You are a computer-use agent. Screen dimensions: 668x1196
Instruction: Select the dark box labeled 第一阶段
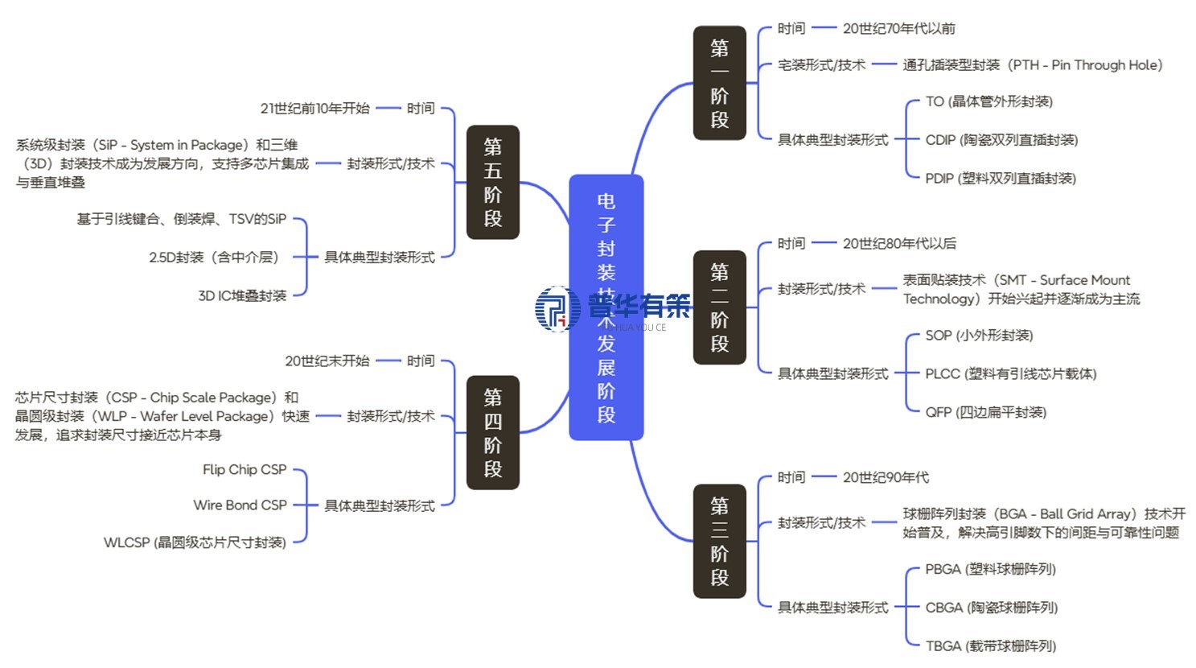coord(719,83)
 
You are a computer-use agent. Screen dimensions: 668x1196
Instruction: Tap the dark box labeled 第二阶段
coord(719,307)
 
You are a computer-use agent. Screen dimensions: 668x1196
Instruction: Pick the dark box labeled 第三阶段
coord(719,541)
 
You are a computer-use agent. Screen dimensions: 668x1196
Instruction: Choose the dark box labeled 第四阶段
coord(492,432)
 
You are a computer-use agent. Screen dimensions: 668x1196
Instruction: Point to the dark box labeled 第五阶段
coord(492,182)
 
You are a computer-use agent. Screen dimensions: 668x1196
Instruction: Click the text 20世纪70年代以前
coord(898,28)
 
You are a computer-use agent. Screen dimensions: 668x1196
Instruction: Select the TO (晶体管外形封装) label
coord(988,101)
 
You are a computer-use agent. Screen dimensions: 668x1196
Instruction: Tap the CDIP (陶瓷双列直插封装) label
coord(1001,140)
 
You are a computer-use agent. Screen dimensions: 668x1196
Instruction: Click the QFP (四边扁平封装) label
coord(985,412)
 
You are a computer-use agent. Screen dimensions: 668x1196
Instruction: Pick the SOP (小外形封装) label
coord(979,335)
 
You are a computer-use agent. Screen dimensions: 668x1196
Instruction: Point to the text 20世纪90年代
coord(886,477)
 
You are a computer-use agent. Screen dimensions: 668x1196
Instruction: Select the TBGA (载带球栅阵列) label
coord(990,645)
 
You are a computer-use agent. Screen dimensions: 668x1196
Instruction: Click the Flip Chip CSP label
coord(245,469)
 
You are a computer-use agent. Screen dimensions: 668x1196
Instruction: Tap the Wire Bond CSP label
coord(240,505)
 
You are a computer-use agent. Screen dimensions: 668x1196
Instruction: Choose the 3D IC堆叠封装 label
coord(242,295)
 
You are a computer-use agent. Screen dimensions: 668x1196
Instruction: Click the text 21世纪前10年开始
coord(314,108)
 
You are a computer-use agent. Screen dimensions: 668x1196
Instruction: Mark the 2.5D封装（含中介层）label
coord(214,258)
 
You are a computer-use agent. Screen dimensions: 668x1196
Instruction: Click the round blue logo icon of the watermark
coord(557,308)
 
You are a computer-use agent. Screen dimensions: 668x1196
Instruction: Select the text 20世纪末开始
coord(327,361)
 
